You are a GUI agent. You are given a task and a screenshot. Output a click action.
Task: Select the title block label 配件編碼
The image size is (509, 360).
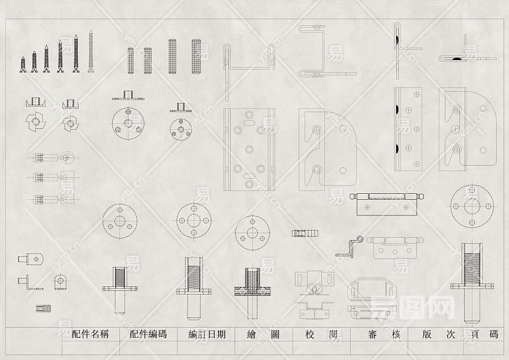pos(148,335)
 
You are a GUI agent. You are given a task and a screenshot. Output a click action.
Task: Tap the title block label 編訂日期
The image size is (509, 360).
pos(207,335)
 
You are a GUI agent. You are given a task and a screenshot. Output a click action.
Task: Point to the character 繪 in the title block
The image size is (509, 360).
pos(252,335)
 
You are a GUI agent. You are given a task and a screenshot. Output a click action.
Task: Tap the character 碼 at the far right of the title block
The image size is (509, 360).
pos(493,335)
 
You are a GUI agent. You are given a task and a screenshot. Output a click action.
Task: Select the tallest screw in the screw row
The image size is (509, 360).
pos(91,52)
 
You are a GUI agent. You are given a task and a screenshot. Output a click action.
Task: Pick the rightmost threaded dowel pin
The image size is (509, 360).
pos(196,57)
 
